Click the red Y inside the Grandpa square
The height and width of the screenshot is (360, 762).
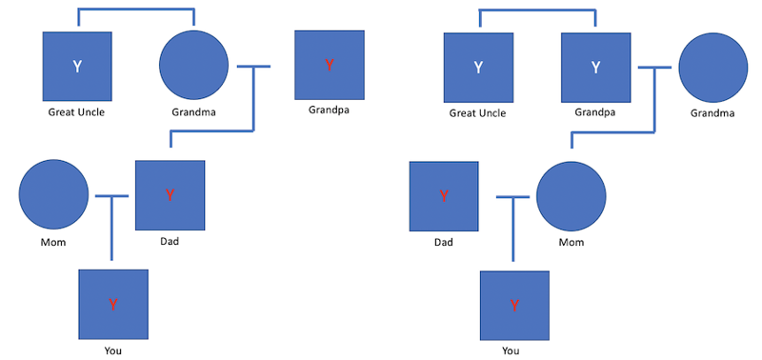click(x=330, y=66)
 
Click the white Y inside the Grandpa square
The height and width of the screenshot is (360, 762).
click(x=595, y=67)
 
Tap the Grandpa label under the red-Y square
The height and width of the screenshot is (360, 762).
click(x=329, y=110)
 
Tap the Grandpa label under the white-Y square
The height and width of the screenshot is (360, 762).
click(x=595, y=112)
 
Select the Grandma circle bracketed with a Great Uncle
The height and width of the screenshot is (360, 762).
click(x=193, y=66)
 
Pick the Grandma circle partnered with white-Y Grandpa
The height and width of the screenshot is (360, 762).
click(x=712, y=67)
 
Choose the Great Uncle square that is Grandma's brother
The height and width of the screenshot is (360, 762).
click(x=77, y=67)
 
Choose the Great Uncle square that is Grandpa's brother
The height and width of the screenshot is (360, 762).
click(x=478, y=67)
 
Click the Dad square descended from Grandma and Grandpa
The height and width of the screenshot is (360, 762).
click(x=170, y=195)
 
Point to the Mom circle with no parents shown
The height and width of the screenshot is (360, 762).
click(x=54, y=194)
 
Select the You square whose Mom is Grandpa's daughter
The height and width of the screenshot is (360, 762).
click(x=514, y=305)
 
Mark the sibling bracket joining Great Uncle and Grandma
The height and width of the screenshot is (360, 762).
click(x=135, y=11)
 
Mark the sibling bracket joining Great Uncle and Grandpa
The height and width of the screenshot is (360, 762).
click(x=536, y=11)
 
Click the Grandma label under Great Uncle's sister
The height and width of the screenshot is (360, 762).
click(x=193, y=112)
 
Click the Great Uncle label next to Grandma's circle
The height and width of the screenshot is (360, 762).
click(x=76, y=112)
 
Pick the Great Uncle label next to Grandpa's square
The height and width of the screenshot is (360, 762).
click(x=477, y=113)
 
